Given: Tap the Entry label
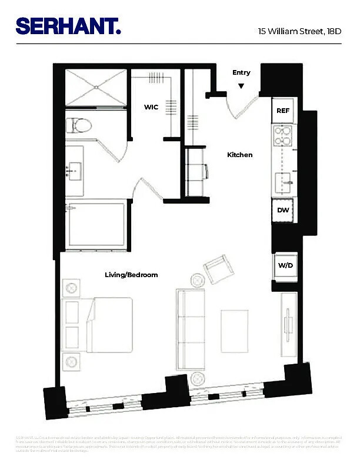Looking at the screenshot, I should tap(241, 73).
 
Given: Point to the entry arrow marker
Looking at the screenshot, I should tap(241, 86).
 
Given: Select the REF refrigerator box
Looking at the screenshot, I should tap(283, 111).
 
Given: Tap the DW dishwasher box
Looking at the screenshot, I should tap(283, 209).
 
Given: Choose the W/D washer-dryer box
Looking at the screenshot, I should tap(285, 265).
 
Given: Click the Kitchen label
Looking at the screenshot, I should tap(240, 155).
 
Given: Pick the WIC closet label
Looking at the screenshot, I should tap(151, 107).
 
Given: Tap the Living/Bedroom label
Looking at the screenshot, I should tap(131, 275).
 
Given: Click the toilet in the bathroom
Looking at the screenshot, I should tap(78, 125).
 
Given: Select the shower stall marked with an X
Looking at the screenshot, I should tap(95, 88).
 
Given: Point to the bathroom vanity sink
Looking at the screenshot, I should tap(75, 170).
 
